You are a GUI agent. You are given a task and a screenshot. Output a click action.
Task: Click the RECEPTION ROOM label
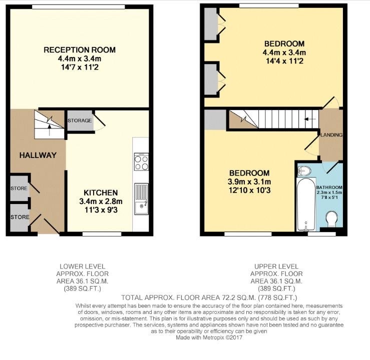tap(80, 50)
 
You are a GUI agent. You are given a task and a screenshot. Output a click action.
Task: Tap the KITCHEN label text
tap(101, 192)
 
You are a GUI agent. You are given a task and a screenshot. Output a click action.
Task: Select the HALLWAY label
tap(38, 155)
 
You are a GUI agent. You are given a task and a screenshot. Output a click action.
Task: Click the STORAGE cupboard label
tap(80, 120)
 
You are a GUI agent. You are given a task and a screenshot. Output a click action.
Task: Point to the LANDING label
tap(331, 135)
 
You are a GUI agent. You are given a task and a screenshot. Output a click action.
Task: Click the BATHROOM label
tap(329, 187)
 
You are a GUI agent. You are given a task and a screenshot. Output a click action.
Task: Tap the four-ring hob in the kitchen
tap(141, 161)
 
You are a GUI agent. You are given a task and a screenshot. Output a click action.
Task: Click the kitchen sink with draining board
tap(141, 199)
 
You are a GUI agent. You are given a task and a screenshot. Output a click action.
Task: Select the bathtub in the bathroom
tap(306, 204)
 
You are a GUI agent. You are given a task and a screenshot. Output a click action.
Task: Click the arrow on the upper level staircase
tap(310, 119)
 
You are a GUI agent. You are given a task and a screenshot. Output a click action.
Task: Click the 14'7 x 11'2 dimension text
tap(80, 67)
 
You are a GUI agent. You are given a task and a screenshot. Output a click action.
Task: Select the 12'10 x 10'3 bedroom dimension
tap(250, 190)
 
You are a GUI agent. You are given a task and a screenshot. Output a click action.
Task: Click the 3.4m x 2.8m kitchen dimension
tap(101, 201)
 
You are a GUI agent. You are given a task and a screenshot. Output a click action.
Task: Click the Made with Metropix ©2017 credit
tap(209, 337)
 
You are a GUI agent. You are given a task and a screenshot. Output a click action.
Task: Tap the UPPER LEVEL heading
tap(276, 266)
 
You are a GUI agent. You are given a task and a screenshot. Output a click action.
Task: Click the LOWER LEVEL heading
tap(82, 266)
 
